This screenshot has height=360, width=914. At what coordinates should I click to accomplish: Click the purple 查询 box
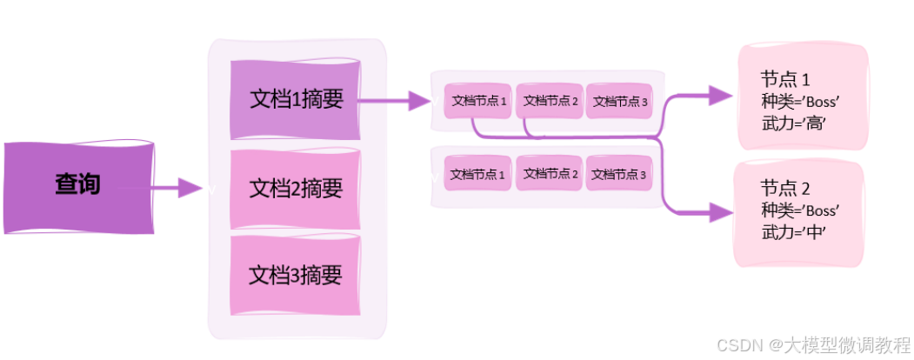tap(79, 186)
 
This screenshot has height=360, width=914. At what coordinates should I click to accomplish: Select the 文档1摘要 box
tap(296, 99)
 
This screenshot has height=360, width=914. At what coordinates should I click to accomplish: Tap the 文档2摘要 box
tap(296, 188)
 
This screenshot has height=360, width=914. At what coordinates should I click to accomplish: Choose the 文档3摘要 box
tap(296, 275)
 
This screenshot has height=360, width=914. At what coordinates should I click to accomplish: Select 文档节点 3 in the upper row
tap(620, 101)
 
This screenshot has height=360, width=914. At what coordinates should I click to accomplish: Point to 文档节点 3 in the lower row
tap(620, 174)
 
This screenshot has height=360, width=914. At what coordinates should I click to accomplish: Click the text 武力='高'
tap(792, 123)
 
